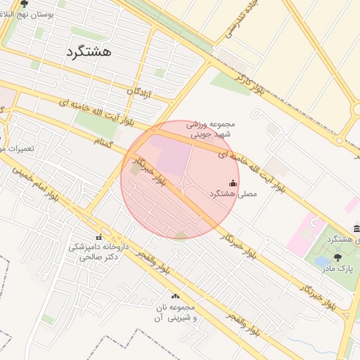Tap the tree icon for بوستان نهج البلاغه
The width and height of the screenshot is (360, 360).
pyautogui.click(x=25, y=4)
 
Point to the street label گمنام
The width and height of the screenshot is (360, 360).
pyautogui.click(x=103, y=143)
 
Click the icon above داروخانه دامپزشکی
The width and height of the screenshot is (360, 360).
pyautogui.click(x=98, y=236)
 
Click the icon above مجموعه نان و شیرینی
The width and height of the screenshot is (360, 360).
pyautogui.click(x=175, y=296)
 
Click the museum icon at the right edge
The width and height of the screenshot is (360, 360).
pyautogui.click(x=356, y=229)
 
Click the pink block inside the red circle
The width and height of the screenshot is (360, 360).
pyautogui.click(x=172, y=155)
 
